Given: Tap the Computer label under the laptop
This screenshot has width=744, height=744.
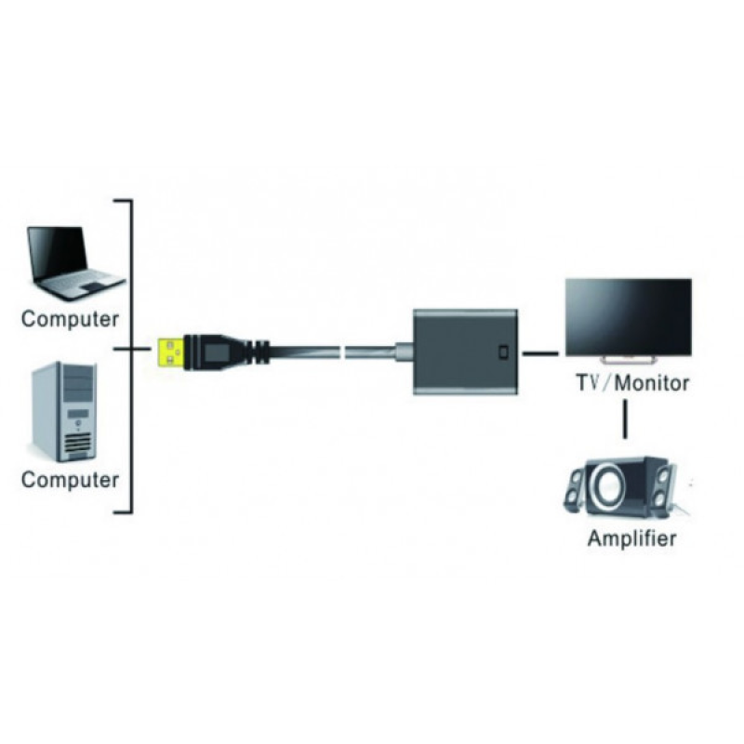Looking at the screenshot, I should (71, 319).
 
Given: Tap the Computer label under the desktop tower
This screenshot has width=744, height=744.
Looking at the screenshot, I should (71, 481).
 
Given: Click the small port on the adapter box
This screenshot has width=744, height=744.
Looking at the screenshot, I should (503, 353).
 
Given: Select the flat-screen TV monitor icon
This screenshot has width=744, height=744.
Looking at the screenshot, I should (628, 316).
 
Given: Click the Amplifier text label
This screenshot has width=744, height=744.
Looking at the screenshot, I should (631, 538).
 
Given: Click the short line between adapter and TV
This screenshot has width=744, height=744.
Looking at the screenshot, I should (539, 353).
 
